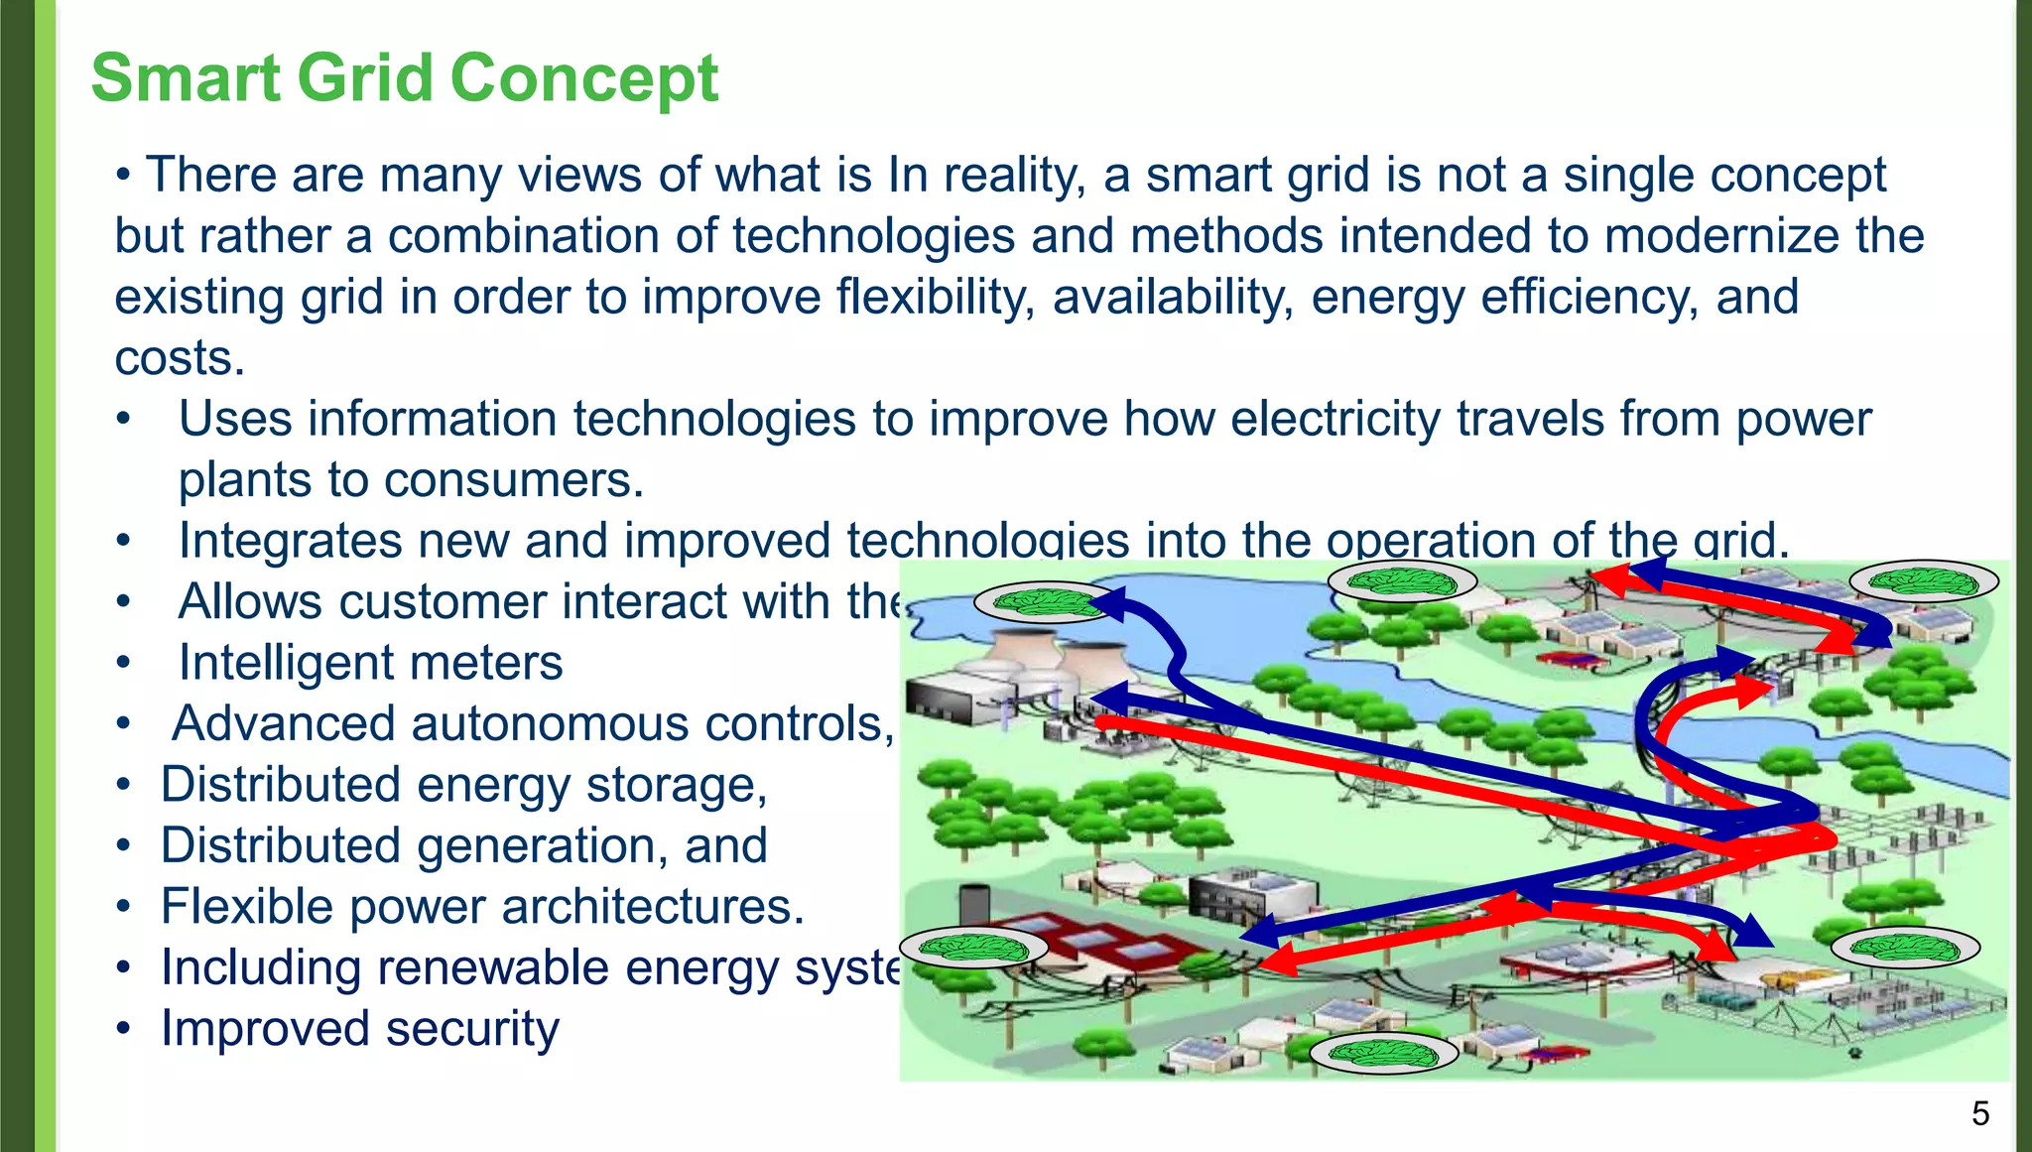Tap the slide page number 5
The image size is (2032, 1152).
point(1979,1114)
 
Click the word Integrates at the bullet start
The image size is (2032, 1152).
point(290,542)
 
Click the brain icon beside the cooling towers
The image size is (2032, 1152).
point(1046,601)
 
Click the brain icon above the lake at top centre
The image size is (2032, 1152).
point(1401,581)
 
